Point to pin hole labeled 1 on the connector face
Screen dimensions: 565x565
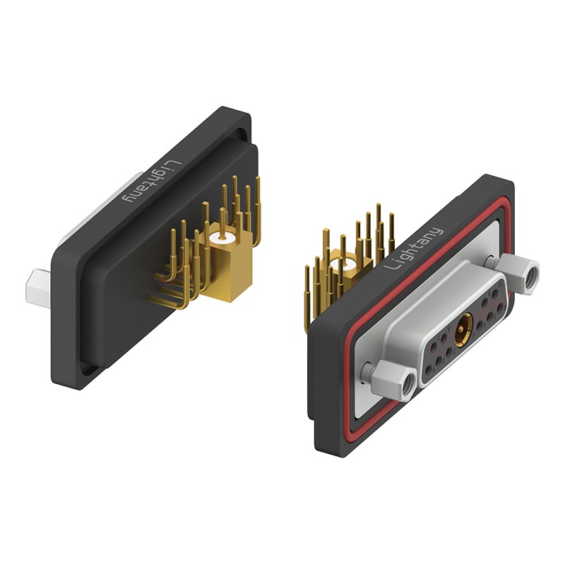[x=429, y=369]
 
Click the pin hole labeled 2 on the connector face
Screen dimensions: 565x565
[x=439, y=361]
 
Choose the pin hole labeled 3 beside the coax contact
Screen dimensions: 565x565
[x=449, y=350]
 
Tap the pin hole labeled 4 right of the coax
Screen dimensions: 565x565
[x=480, y=326]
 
